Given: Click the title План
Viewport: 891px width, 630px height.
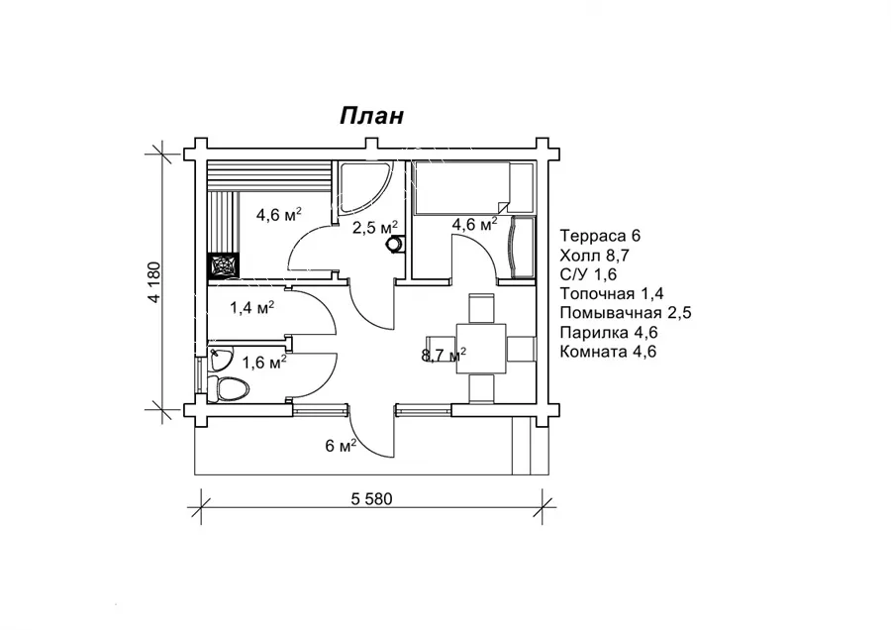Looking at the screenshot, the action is pos(371,116).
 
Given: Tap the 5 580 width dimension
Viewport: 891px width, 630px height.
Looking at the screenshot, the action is pos(371,499).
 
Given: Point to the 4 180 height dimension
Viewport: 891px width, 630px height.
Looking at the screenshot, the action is pos(156,282).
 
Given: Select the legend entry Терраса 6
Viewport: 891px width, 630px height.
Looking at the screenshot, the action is pos(600,236).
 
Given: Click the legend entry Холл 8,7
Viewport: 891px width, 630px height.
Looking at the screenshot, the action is pos(594,255).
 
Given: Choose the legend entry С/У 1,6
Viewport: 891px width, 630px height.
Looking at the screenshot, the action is pos(588,274).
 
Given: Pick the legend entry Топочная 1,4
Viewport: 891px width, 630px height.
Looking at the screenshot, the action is pos(612,293).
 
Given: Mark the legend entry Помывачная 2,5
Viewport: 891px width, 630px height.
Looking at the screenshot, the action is pos(625,313).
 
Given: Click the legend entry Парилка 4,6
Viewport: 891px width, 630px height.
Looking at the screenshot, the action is pos(609,332).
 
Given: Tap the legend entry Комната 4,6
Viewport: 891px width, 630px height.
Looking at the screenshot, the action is pos(608,352).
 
